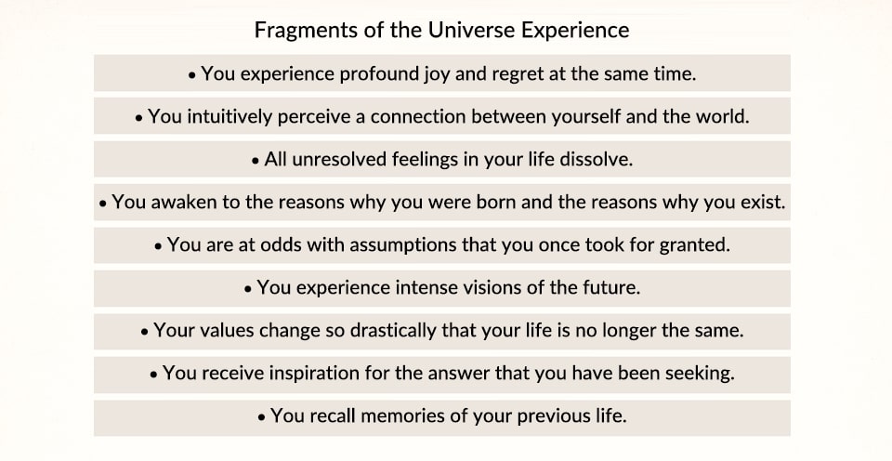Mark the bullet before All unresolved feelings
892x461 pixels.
coord(256,161)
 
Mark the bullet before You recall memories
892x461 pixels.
coord(261,417)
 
